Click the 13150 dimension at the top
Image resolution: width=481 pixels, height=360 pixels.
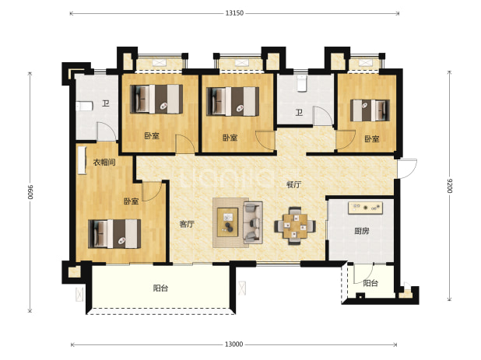coord(234,13)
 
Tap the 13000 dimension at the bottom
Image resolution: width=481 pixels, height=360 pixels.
coord(233,344)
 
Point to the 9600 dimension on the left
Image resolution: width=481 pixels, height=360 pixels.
coord(30,192)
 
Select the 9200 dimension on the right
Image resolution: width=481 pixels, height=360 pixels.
coord(449,185)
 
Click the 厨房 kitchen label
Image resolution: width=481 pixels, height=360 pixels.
coord(362,231)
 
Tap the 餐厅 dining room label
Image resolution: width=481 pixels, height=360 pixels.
coord(293,185)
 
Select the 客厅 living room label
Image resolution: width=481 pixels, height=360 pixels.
coord(187,224)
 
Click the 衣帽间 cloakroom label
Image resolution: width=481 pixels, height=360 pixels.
coord(104,163)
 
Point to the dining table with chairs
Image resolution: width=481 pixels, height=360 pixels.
coord(295,225)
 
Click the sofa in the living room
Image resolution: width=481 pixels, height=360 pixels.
coord(253,222)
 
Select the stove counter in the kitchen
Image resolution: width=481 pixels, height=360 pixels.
coord(365,208)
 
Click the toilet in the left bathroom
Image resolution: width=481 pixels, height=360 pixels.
coord(84,107)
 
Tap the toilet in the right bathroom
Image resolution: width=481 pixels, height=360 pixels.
coord(302,83)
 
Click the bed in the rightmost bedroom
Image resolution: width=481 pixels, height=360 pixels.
coord(370,110)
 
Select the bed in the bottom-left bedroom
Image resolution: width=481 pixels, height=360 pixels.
coord(114,233)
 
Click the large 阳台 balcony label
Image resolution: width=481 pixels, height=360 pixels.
coord(160,288)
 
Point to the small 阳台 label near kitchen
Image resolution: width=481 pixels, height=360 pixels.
coord(370,283)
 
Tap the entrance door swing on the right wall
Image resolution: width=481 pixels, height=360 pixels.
coord(407,168)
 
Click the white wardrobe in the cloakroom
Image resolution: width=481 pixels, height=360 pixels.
coord(82,160)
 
